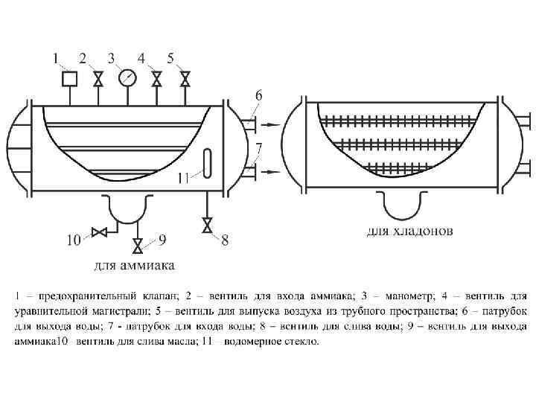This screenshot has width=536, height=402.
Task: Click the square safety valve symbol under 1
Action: (x=69, y=77)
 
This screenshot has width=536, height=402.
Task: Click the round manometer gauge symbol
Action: (x=127, y=77)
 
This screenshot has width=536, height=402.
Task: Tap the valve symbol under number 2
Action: (x=98, y=77)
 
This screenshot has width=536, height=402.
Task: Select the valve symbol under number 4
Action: (x=157, y=77)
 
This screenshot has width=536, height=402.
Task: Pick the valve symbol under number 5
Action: (x=185, y=77)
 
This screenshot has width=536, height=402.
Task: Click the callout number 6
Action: (x=258, y=95)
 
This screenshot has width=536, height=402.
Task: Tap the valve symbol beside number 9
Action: (x=137, y=245)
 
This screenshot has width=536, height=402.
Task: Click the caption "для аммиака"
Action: (x=134, y=265)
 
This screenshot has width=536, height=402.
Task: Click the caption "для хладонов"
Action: (x=409, y=232)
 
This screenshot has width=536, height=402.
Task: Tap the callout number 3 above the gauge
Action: (x=112, y=57)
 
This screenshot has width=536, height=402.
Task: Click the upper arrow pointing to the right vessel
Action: (x=272, y=124)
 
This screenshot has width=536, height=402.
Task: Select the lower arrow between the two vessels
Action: (x=272, y=172)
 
